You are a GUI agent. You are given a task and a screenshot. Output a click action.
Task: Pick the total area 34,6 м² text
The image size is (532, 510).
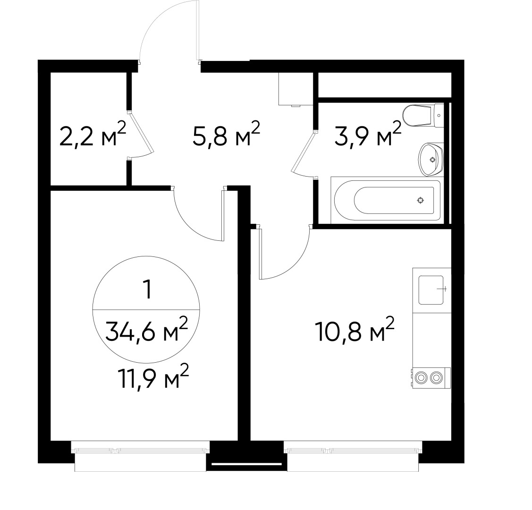coord(147,331)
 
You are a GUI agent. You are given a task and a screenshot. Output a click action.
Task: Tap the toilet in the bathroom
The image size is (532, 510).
coord(418,115)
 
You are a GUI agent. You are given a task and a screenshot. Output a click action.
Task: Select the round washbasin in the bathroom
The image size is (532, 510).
coord(431,159)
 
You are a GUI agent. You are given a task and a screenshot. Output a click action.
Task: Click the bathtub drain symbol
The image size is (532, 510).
coord(420,201)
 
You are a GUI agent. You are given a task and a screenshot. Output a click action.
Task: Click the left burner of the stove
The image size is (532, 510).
coord(421,377)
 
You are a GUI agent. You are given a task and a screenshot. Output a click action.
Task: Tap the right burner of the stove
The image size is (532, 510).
coord(438,377)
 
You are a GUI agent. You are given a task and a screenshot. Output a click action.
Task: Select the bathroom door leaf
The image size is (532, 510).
coord(303,152)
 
